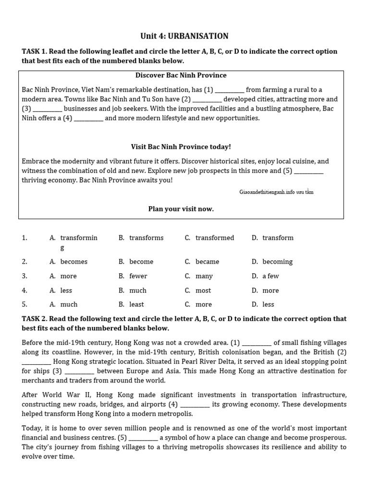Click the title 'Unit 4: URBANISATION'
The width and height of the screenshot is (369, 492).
click(184, 36)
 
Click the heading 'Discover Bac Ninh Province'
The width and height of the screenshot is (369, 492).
click(181, 75)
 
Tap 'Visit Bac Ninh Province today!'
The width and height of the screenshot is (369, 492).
click(181, 147)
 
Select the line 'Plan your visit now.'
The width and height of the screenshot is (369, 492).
click(181, 209)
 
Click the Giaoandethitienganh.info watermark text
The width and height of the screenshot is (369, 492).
click(276, 192)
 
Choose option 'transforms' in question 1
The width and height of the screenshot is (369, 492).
click(146, 238)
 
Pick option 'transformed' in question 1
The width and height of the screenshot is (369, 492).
click(215, 238)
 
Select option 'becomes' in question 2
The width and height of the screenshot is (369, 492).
click(74, 262)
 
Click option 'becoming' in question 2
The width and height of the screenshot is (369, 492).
click(277, 262)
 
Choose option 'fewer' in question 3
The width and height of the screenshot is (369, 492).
click(138, 276)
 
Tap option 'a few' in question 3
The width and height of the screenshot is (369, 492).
click(271, 276)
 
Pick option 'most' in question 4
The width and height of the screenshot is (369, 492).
click(203, 291)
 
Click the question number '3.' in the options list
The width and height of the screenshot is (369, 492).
click(25, 276)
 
